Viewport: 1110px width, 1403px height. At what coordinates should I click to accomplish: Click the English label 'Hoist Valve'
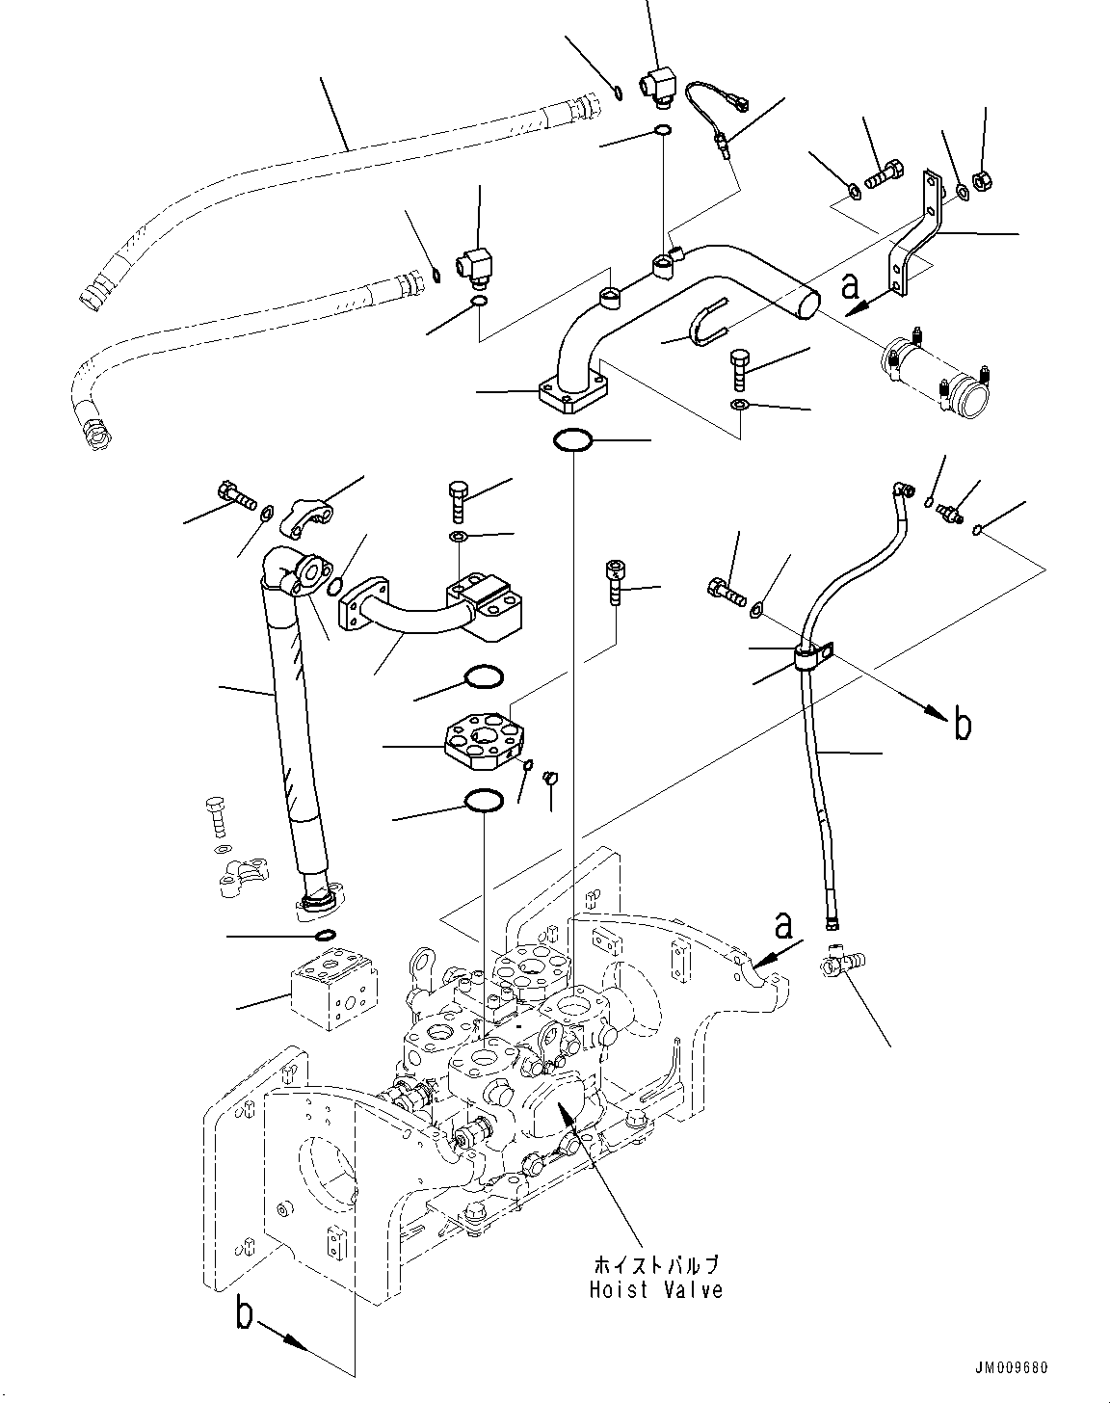click(655, 1289)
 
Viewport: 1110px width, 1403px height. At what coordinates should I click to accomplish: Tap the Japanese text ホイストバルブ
click(655, 1265)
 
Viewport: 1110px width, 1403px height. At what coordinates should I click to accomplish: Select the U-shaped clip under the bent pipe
click(703, 322)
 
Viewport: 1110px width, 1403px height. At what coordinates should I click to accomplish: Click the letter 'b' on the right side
click(962, 726)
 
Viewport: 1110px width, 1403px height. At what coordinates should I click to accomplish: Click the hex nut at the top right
click(985, 179)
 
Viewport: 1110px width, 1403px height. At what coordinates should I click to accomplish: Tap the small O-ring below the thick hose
click(326, 935)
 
